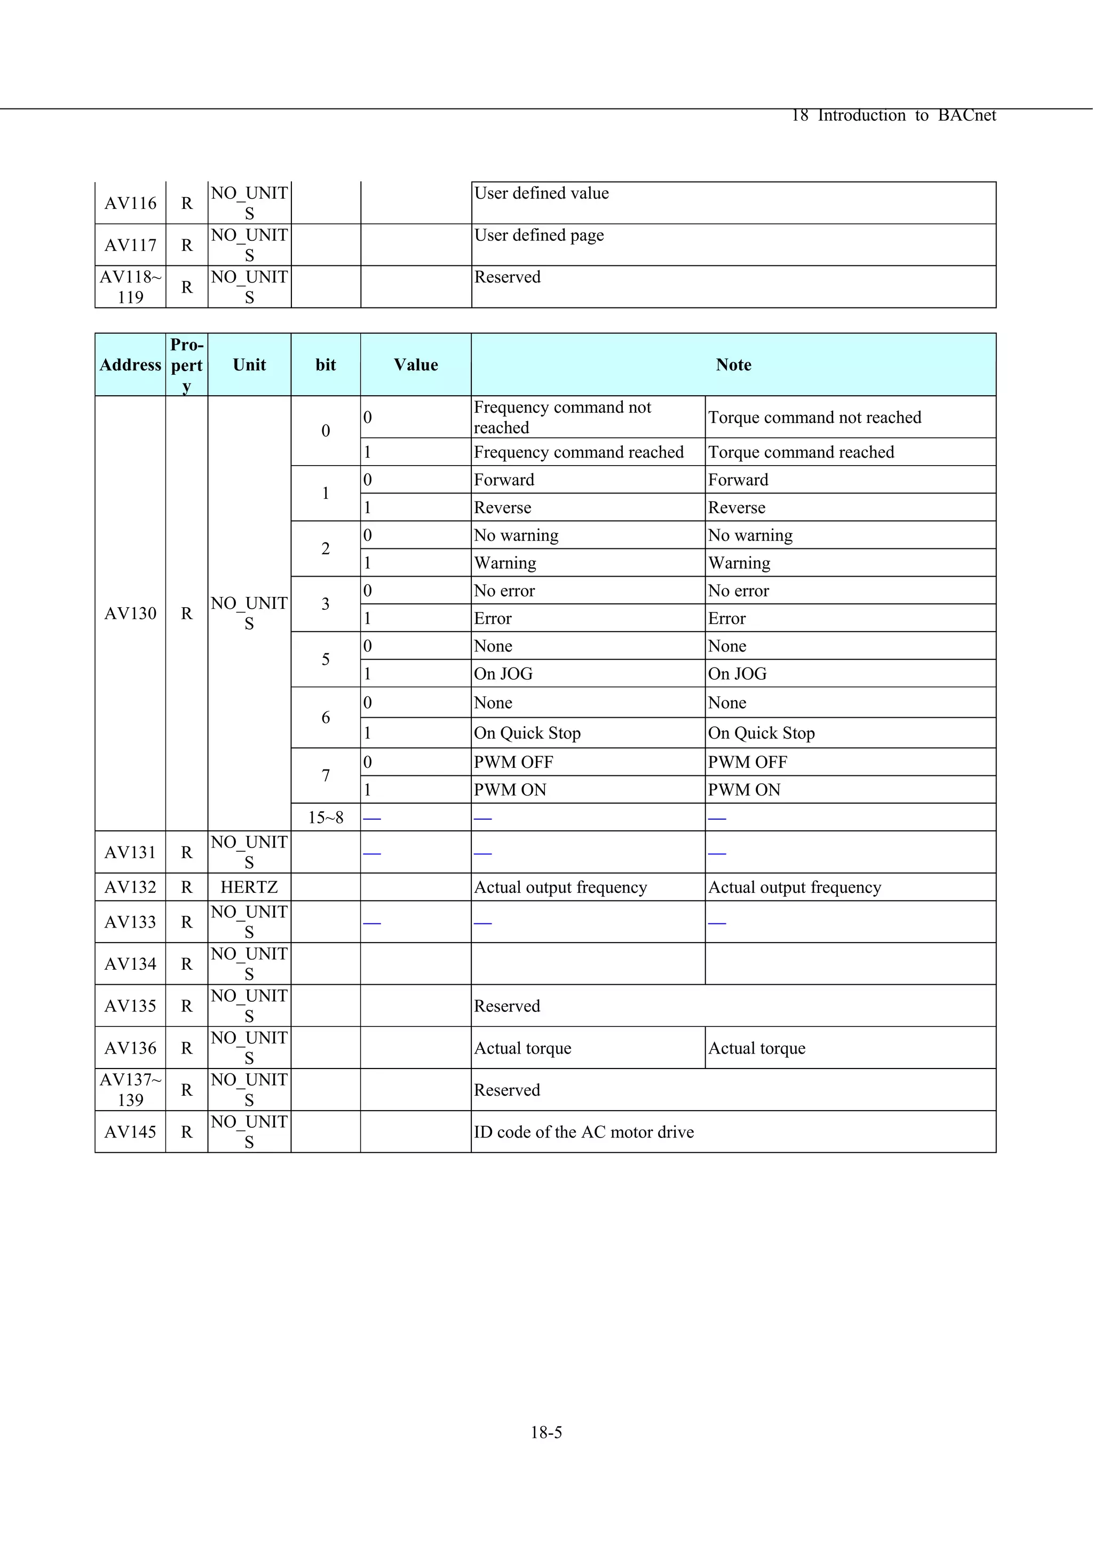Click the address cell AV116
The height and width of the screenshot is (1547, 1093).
[x=130, y=203]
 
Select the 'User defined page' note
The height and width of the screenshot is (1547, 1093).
[x=538, y=235]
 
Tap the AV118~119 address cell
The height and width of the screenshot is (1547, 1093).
[x=130, y=287]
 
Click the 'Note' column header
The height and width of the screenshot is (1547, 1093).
[x=733, y=365]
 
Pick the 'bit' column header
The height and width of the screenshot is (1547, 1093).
[x=325, y=365]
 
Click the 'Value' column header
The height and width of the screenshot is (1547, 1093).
[x=416, y=365]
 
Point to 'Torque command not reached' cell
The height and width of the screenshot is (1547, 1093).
[x=814, y=418]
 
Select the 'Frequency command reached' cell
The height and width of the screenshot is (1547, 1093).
[x=579, y=452]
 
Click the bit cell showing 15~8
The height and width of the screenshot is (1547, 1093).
[x=325, y=818]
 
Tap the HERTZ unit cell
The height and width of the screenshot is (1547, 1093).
[x=249, y=888]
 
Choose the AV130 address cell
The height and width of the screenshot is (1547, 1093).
[x=130, y=613]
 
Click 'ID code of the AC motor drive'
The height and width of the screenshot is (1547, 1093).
[x=583, y=1132]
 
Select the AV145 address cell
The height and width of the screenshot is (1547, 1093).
[x=130, y=1132]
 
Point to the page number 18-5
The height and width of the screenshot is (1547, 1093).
[x=546, y=1433]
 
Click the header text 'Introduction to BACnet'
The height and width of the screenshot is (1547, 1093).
[x=906, y=116]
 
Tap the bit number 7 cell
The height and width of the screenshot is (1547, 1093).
[x=325, y=775]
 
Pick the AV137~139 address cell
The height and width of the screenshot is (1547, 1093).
[x=130, y=1089]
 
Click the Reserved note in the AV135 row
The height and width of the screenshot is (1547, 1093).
[x=506, y=1006]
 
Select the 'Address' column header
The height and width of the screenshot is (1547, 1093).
[x=130, y=365]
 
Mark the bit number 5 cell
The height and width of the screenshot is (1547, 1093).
[x=325, y=659]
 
